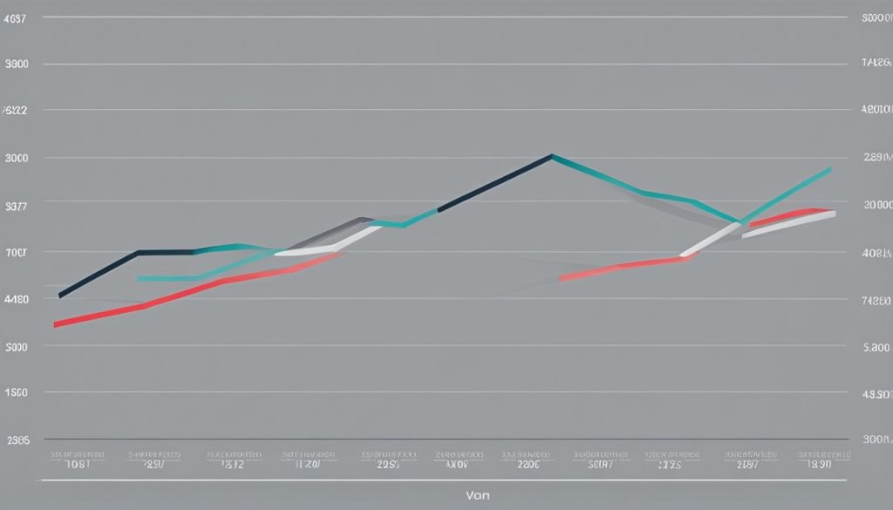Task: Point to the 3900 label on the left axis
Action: tap(17, 64)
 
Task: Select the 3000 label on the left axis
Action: tap(17, 158)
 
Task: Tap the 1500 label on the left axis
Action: tap(17, 392)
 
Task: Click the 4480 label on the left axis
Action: tap(17, 299)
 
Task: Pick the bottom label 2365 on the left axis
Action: tap(17, 440)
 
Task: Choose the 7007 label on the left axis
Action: tap(17, 253)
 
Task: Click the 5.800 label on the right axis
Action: tap(875, 346)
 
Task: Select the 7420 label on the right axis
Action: tap(876, 299)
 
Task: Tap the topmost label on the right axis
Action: tap(876, 17)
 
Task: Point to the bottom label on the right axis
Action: tap(876, 440)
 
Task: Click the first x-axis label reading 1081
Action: tap(78, 464)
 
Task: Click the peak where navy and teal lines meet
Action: tap(552, 156)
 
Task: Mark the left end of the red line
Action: tap(56, 324)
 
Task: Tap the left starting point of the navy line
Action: tap(59, 296)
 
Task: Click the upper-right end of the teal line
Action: tap(829, 169)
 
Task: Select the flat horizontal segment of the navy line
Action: tap(166, 252)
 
